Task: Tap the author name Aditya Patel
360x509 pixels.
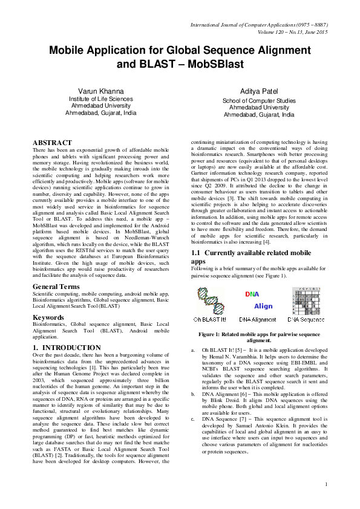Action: [259, 90]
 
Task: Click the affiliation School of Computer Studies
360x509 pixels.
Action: [259, 101]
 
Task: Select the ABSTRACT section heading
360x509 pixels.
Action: [53, 143]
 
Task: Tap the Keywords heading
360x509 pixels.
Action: [48, 317]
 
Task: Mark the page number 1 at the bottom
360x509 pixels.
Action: [326, 484]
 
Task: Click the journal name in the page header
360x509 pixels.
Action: [259, 24]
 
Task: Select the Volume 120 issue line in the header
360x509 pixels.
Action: [292, 31]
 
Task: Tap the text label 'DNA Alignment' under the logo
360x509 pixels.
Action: [258, 319]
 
